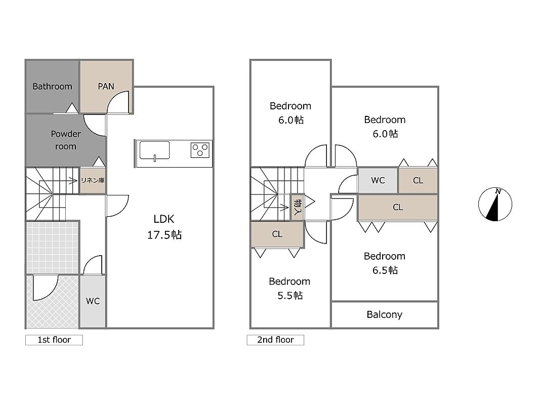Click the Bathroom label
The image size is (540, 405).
pyautogui.click(x=52, y=87)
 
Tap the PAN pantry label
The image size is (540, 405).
pyautogui.click(x=106, y=87)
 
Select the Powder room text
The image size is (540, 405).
pyautogui.click(x=66, y=140)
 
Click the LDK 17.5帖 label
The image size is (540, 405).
pyautogui.click(x=164, y=227)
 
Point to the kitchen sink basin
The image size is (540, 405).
pyautogui.click(x=155, y=151)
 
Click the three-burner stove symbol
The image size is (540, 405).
pyautogui.click(x=200, y=150)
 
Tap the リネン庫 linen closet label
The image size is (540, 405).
pyautogui.click(x=93, y=180)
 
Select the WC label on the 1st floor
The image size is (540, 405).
pyautogui.click(x=93, y=301)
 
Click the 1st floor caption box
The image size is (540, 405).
pyautogui.click(x=54, y=340)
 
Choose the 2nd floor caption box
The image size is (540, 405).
pyautogui.click(x=275, y=340)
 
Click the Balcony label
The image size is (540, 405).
pyautogui.click(x=384, y=315)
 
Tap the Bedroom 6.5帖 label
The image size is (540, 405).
pyautogui.click(x=385, y=263)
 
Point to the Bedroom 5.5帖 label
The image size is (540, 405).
pyautogui.click(x=289, y=289)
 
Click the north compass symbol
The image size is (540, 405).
pyautogui.click(x=495, y=204)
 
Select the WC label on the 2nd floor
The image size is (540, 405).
pyautogui.click(x=378, y=180)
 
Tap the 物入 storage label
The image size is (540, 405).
pyautogui.click(x=297, y=207)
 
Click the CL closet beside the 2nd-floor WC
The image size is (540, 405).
pyautogui.click(x=418, y=180)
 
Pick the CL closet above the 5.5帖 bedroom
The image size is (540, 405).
pyautogui.click(x=277, y=234)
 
